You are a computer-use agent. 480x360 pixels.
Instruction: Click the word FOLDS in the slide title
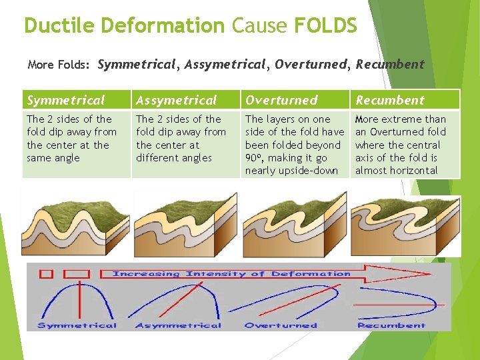(x=325, y=25)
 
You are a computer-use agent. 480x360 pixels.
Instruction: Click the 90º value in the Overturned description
(x=253, y=157)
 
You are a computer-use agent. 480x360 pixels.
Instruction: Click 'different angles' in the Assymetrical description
(x=173, y=158)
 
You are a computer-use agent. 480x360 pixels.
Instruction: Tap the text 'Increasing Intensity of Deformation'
(x=231, y=273)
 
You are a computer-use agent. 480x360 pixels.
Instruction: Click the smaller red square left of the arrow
(x=46, y=273)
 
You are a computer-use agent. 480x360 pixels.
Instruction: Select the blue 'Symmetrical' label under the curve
(x=77, y=325)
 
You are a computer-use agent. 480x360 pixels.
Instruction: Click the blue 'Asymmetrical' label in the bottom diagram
(x=178, y=325)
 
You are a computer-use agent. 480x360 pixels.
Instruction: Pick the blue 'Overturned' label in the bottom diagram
(x=281, y=325)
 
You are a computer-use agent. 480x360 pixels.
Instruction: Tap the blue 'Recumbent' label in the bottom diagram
(x=391, y=325)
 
